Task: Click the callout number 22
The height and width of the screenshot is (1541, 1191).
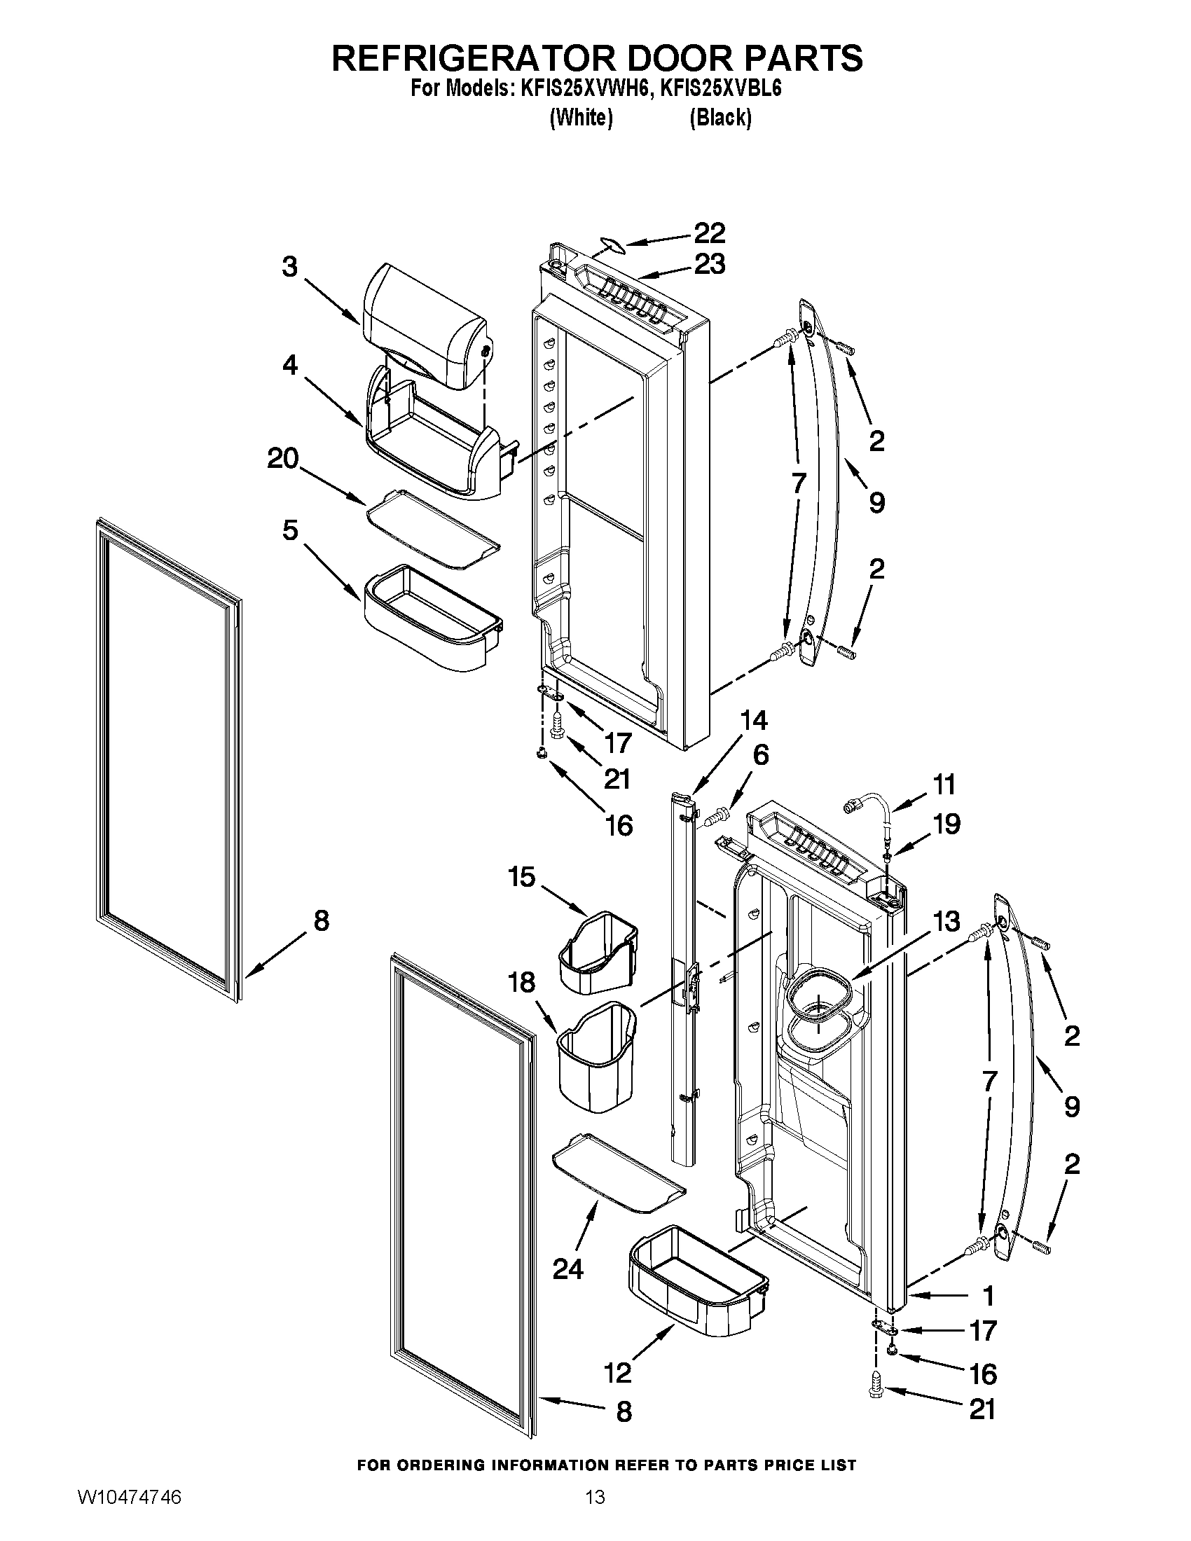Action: click(709, 232)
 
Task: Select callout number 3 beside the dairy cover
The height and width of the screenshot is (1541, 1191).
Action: click(289, 268)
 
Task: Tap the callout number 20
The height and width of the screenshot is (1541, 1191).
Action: click(283, 459)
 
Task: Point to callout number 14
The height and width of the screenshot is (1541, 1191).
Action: click(753, 720)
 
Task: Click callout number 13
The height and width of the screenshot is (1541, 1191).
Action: click(946, 921)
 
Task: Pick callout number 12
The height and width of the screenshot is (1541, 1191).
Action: click(617, 1373)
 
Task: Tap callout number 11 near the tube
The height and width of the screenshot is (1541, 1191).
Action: click(944, 784)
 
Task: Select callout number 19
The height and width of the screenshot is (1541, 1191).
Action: click(946, 824)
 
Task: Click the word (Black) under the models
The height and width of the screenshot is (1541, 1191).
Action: click(720, 118)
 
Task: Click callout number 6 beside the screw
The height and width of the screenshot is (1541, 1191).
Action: click(760, 756)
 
